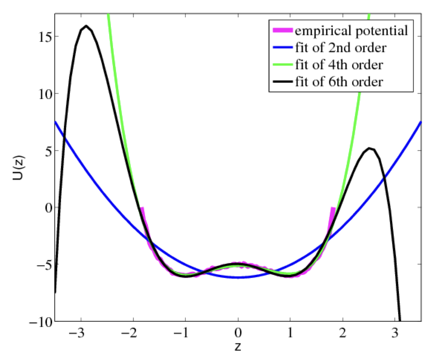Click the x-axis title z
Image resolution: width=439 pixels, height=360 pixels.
(x=238, y=347)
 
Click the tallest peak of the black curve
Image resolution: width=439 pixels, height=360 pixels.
(x=86, y=26)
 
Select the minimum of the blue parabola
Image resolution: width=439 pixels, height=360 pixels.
(x=238, y=277)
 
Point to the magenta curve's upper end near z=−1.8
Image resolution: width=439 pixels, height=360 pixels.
(x=142, y=208)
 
